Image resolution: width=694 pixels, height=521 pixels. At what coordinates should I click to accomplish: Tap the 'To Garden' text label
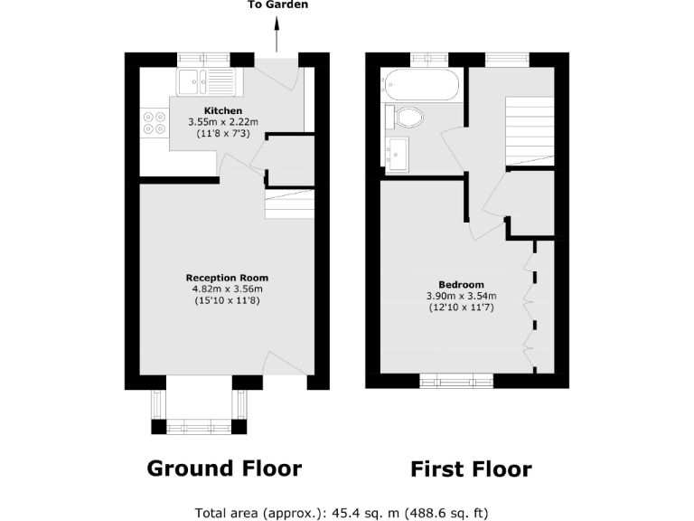coord(277,5)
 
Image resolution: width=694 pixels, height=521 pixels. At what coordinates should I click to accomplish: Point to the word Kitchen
coord(222,110)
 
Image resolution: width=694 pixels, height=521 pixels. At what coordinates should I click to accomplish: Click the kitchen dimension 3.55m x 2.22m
coord(222,122)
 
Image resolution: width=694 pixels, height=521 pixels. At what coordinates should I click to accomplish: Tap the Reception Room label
coord(227,277)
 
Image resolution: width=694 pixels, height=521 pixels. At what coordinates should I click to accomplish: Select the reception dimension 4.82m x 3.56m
coord(227,289)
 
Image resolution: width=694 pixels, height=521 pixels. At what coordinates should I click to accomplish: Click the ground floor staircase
coord(288,205)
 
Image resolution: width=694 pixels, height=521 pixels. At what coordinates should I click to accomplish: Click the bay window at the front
coord(199,425)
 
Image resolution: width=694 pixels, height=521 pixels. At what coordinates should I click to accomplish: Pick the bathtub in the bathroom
coord(422,86)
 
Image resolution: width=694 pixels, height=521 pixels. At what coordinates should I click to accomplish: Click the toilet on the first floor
coord(406,117)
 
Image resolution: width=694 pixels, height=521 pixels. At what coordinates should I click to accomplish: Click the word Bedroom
coord(461,284)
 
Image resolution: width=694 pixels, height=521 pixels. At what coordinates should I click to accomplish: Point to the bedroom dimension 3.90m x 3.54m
coord(461,296)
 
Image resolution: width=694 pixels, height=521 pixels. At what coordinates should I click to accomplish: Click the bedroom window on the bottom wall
coord(456,380)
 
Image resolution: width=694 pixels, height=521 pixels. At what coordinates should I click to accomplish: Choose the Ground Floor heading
coord(224,468)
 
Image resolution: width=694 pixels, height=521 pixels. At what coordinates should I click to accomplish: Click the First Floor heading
coord(471,469)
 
